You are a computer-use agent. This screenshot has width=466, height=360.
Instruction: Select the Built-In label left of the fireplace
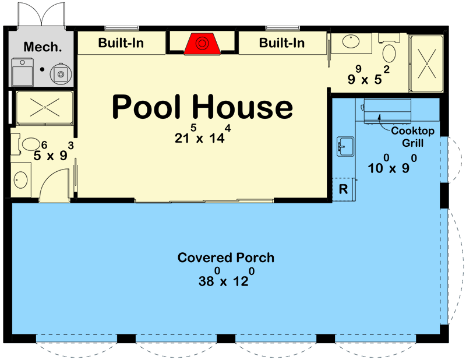pyautogui.click(x=121, y=43)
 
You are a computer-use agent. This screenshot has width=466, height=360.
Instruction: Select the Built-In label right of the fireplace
pyautogui.click(x=281, y=43)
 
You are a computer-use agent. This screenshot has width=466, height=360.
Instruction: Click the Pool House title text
pyautogui.click(x=202, y=107)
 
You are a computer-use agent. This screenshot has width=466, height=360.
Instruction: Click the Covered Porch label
pyautogui.click(x=225, y=257)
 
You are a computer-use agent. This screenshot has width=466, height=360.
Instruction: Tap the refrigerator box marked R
pyautogui.click(x=343, y=189)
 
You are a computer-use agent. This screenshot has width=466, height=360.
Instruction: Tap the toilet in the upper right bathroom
pyautogui.click(x=388, y=51)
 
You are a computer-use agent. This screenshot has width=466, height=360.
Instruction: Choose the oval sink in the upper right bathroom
pyautogui.click(x=351, y=42)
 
